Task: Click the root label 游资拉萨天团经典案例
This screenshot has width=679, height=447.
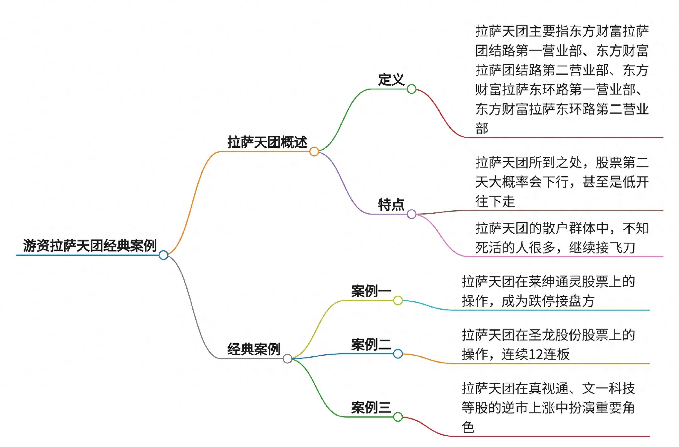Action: (x=89, y=246)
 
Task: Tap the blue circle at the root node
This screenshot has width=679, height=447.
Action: (x=163, y=255)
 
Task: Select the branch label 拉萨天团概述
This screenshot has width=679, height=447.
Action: (x=267, y=142)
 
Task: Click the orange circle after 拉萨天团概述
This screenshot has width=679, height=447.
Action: (x=314, y=151)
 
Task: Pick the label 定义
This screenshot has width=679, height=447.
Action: (x=391, y=80)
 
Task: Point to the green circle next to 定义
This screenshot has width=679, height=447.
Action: (x=412, y=89)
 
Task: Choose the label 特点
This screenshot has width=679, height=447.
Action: (x=391, y=205)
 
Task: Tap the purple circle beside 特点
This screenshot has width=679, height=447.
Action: (x=412, y=214)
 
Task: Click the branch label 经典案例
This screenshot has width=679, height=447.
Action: (x=254, y=349)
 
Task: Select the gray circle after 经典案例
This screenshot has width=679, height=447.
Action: (x=287, y=358)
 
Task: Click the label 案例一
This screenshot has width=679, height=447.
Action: (x=371, y=291)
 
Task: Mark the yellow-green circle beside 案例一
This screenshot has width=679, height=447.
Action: (x=398, y=300)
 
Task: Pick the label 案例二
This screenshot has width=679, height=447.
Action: (x=371, y=344)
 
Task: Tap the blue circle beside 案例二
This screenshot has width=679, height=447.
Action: (x=398, y=354)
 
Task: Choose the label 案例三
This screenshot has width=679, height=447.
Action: (x=371, y=407)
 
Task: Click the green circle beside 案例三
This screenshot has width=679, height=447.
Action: (x=398, y=417)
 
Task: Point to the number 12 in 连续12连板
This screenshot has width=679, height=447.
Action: (x=535, y=355)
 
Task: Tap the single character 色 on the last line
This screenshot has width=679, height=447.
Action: (x=468, y=427)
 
